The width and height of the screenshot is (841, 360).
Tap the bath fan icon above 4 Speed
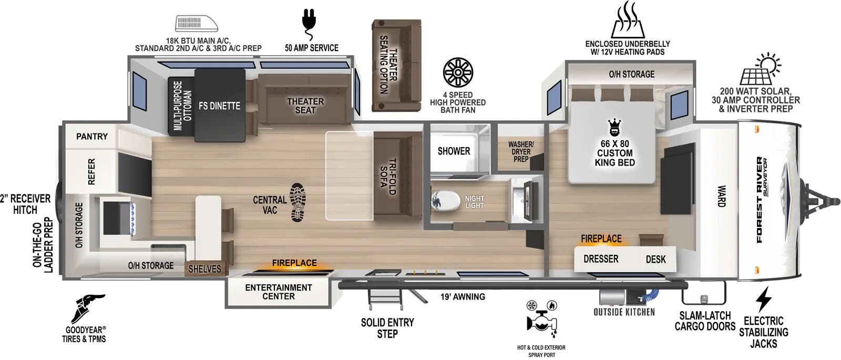(458, 73)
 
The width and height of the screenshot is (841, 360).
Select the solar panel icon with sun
(760, 69)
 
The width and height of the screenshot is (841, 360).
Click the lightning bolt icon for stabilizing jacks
(763, 300)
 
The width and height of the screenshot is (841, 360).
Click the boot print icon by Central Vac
(298, 202)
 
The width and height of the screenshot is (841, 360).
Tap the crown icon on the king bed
(614, 128)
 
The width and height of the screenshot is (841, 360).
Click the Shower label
(454, 151)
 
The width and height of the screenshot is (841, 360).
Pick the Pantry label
(92, 137)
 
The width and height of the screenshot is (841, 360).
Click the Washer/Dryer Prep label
(521, 152)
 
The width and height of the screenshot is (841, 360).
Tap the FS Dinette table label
(219, 106)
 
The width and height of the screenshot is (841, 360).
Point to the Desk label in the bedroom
(655, 259)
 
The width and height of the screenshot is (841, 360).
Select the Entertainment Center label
(278, 292)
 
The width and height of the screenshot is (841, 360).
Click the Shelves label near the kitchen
(204, 269)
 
